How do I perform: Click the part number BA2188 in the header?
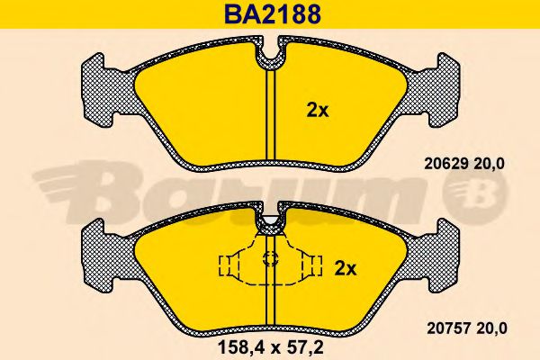click(x=270, y=14)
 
